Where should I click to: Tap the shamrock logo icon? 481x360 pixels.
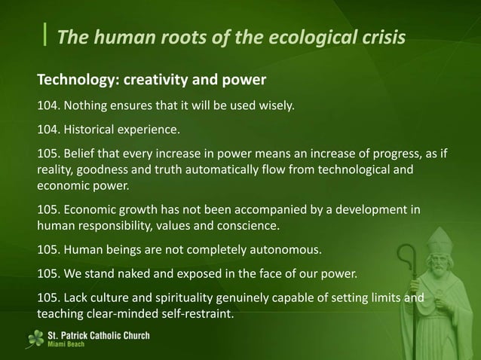35,339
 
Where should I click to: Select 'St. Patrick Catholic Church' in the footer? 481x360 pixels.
98,335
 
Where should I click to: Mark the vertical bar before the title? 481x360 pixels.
47,35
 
